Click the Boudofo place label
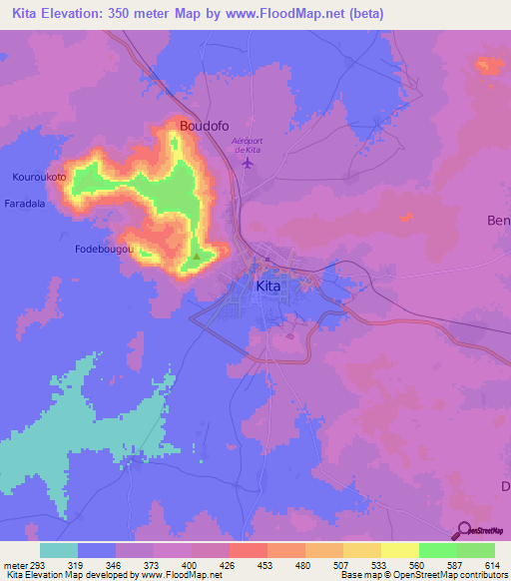[205, 126]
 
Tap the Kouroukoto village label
[39, 178]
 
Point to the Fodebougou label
[104, 250]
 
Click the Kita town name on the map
[268, 287]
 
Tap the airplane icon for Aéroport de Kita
[247, 163]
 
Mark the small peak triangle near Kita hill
[197, 256]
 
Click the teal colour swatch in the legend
[59, 550]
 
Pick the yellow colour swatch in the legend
[400, 550]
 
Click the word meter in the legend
[15, 564]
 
